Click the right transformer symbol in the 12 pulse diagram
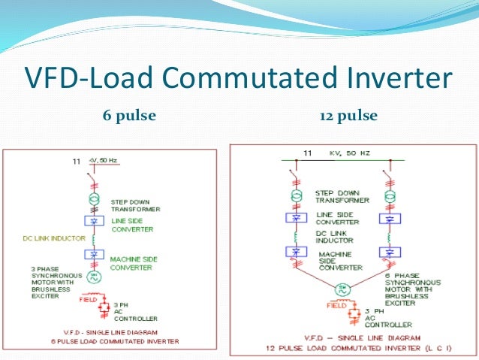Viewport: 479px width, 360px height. pos(388,197)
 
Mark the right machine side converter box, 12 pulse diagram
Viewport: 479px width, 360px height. pos(388,253)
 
